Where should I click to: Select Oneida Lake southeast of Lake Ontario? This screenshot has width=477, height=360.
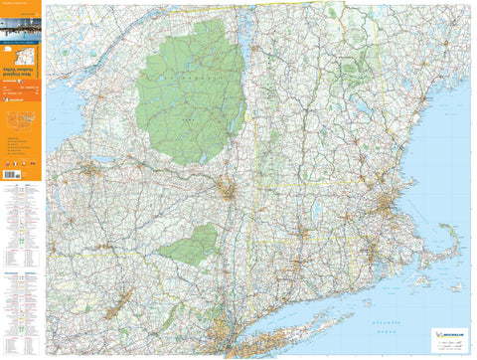coord(108,164)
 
